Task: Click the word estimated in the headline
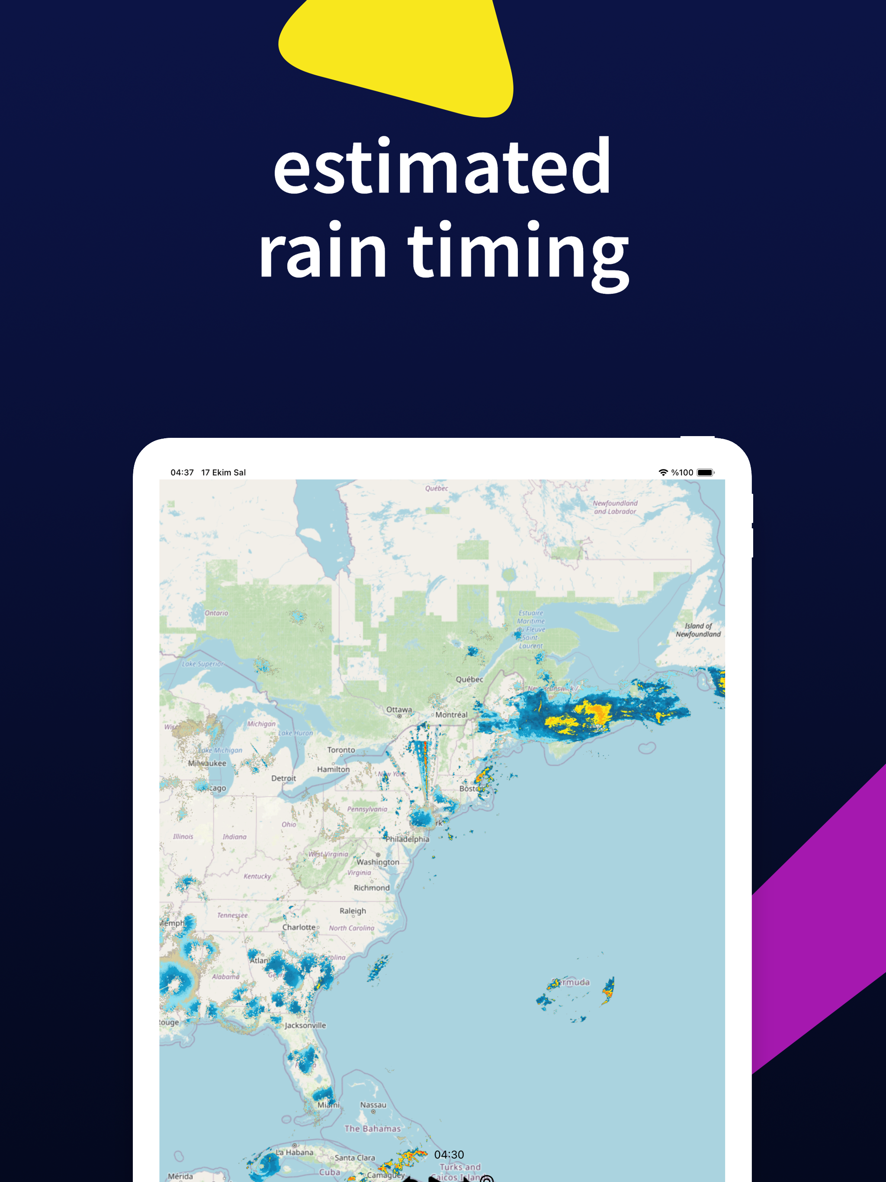442,167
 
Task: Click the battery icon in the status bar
705,472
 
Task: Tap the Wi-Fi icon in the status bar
663,472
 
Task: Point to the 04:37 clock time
182,472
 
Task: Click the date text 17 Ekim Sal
223,472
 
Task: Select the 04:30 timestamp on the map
449,1155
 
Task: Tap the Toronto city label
341,750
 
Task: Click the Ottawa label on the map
399,710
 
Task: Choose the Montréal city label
451,714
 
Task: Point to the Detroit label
283,778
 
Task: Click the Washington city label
378,862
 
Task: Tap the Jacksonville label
305,1025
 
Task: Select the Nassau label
373,1105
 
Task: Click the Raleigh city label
353,911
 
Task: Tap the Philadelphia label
407,839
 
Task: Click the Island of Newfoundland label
698,630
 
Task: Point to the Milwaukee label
207,763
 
